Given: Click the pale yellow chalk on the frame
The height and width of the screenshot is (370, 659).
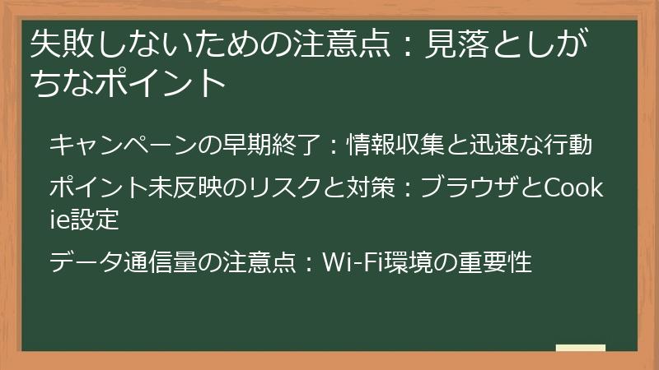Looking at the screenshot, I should coord(580,348).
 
